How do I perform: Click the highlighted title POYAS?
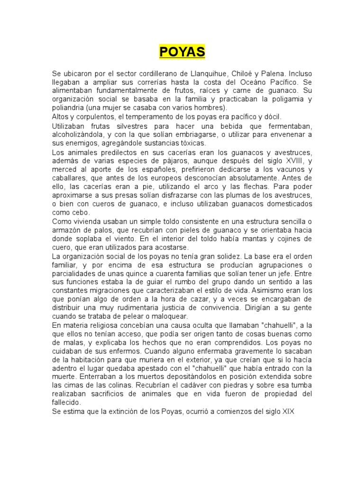tap(182, 52)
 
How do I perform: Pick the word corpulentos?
tap(98, 117)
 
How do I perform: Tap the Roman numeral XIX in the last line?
tap(288, 412)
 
